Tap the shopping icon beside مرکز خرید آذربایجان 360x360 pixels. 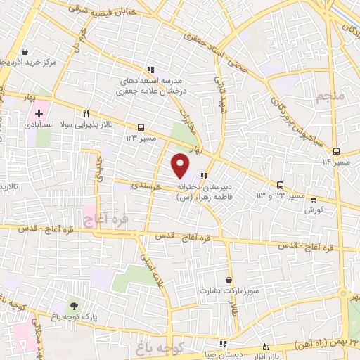point(25,52)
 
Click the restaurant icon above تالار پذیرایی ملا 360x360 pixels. point(86,112)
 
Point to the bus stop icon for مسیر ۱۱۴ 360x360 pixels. point(337,151)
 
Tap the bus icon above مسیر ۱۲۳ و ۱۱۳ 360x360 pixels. point(281,184)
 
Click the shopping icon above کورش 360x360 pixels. point(314,200)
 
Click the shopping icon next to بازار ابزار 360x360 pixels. point(265,347)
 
